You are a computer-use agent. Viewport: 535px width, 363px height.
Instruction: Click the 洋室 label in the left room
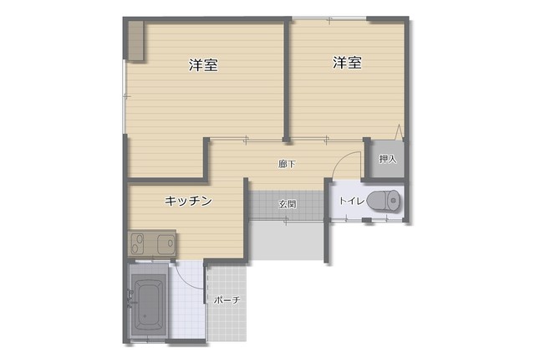click(204, 65)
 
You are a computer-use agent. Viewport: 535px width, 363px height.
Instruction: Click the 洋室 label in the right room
click(348, 63)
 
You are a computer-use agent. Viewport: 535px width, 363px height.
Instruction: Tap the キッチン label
click(188, 201)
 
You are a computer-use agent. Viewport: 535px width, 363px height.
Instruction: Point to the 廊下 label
click(286, 164)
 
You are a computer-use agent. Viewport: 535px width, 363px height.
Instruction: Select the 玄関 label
click(288, 204)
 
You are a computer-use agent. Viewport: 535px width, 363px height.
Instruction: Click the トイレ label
click(351, 201)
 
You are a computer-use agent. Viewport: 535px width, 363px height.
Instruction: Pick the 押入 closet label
click(388, 159)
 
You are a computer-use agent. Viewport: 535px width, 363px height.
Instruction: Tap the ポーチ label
click(227, 300)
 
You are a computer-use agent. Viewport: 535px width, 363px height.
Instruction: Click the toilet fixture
click(384, 201)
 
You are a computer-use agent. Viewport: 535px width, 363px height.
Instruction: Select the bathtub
click(148, 304)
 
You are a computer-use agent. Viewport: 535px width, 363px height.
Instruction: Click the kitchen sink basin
click(166, 243)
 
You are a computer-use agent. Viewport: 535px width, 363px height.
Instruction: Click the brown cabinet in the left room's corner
click(136, 41)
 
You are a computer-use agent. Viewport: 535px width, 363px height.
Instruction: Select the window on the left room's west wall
click(125, 97)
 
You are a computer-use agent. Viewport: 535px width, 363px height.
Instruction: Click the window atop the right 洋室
click(329, 18)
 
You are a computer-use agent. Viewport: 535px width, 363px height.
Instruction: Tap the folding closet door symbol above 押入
click(399, 132)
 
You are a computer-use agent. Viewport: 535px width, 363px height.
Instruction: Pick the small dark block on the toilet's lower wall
click(367, 220)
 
